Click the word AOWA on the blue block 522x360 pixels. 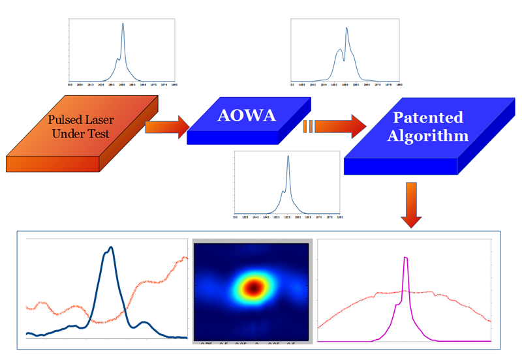tap(247, 115)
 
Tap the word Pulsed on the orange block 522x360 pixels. tap(70, 119)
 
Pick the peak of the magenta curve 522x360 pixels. tap(406, 259)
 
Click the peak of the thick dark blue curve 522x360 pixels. tap(110, 248)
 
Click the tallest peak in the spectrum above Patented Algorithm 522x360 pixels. tap(346, 28)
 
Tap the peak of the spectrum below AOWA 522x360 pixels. tap(288, 157)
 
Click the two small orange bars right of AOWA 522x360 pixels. tap(309, 126)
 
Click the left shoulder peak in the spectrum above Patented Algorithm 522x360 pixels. tap(339, 50)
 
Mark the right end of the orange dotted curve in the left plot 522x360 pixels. tap(185, 258)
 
